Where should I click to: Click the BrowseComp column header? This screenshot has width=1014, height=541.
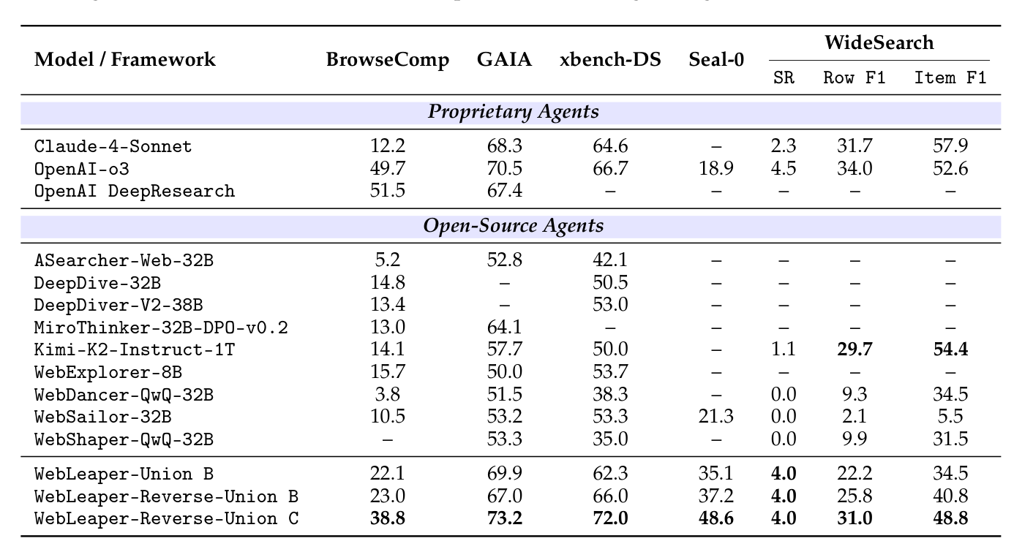point(387,60)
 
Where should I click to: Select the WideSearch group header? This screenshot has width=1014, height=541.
point(879,42)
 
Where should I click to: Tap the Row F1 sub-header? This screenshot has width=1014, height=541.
point(854,78)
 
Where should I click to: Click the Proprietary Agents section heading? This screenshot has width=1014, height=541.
point(513,112)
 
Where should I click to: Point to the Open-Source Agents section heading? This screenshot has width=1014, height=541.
point(513,225)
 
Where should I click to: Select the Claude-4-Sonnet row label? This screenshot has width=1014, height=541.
point(113,146)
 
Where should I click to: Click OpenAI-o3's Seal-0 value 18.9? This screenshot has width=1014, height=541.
point(716,169)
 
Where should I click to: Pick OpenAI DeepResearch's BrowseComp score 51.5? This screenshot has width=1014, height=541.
point(388,192)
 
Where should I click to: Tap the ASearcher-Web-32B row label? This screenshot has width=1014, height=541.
point(124,260)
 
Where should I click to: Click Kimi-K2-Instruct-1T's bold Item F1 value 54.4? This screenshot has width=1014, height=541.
point(950,349)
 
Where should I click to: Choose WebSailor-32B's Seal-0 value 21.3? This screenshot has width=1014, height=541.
point(716,417)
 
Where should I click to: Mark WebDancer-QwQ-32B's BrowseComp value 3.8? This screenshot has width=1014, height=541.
point(388,395)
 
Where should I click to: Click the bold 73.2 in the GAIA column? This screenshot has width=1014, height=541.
point(504,519)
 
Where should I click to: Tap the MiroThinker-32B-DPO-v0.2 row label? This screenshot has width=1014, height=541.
point(161,328)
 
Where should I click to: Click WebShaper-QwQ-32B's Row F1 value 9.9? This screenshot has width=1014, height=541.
point(854,439)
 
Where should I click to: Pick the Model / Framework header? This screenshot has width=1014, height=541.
point(125,60)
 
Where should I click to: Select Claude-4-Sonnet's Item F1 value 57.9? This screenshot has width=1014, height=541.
point(950,146)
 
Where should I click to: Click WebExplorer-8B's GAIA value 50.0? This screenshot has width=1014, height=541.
point(504,372)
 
